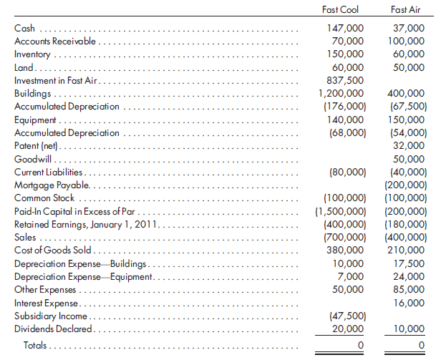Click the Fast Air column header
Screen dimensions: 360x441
(406, 10)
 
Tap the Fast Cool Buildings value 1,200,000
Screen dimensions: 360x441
(341, 93)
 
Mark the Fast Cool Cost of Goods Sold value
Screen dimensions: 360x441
(345, 250)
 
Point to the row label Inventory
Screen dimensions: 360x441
(32, 54)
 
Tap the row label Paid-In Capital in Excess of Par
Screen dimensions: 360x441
(74, 211)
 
